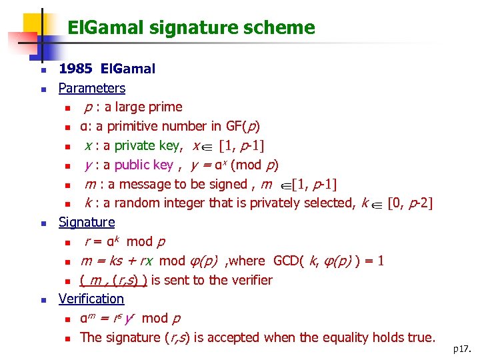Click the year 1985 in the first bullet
pyautogui.click(x=75, y=69)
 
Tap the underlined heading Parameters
pyautogui.click(x=91, y=88)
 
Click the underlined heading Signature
pyautogui.click(x=87, y=222)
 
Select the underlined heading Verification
pyautogui.click(x=91, y=299)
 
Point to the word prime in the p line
pyautogui.click(x=165, y=107)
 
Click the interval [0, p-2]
pyautogui.click(x=409, y=203)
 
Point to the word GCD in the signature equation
pyautogui.click(x=286, y=261)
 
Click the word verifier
pyautogui.click(x=249, y=280)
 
